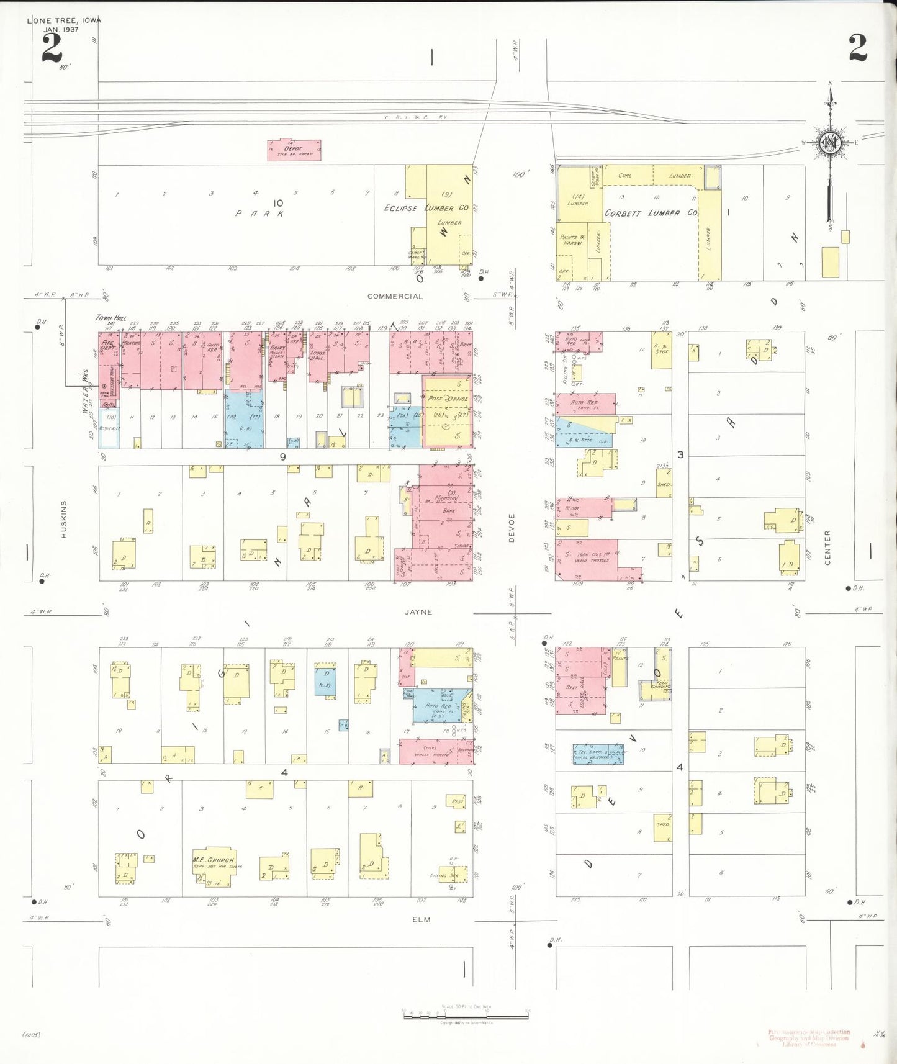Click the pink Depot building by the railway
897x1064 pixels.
pos(294,150)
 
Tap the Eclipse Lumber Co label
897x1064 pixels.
pos(426,208)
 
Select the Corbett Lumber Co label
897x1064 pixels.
pos(651,213)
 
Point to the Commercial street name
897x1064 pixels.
pos(395,297)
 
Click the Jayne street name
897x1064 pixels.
pos(418,612)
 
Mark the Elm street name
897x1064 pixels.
pos(421,919)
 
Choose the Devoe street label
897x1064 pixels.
pos(512,528)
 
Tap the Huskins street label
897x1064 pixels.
pos(64,519)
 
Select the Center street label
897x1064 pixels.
pos(827,548)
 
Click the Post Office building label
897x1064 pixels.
pos(448,399)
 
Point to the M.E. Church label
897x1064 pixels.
pos(214,860)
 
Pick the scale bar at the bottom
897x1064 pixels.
pos(466,1017)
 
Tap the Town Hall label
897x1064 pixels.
pos(110,318)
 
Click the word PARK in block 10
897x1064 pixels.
pos(260,214)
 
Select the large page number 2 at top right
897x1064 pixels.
pos(858,48)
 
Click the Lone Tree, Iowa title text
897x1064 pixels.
pos(64,20)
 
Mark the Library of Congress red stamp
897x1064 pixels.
pos(809,1038)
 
